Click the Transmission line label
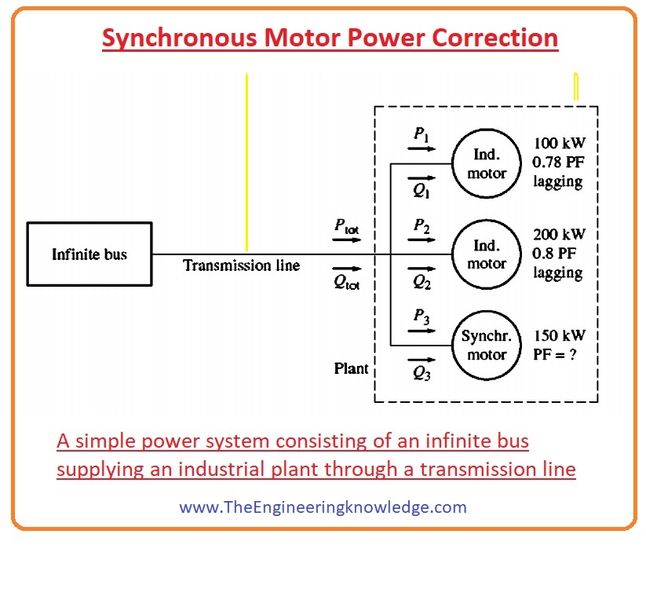[242, 265]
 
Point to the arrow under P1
[422, 148]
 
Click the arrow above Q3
[422, 360]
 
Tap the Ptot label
[346, 227]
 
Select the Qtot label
[346, 283]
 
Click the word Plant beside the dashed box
[351, 368]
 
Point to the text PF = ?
[554, 354]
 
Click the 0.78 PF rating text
[558, 163]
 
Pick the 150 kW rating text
[560, 336]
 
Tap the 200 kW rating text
[559, 235]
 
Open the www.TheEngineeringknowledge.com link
[323, 507]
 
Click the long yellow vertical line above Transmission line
[246, 162]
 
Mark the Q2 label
[422, 282]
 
